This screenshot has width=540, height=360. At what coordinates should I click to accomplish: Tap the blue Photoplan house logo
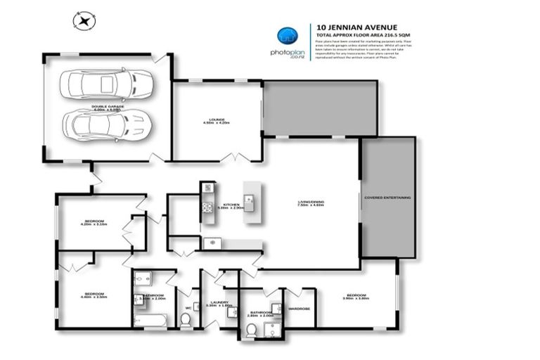point(286,36)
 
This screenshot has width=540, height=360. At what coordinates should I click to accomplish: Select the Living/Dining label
point(311,204)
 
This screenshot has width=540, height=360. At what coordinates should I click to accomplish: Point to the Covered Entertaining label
point(387,198)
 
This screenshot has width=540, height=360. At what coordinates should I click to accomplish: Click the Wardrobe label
point(299,307)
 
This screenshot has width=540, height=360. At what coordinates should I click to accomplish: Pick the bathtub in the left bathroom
point(149,321)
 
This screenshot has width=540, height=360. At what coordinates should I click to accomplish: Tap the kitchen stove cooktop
point(208,207)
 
